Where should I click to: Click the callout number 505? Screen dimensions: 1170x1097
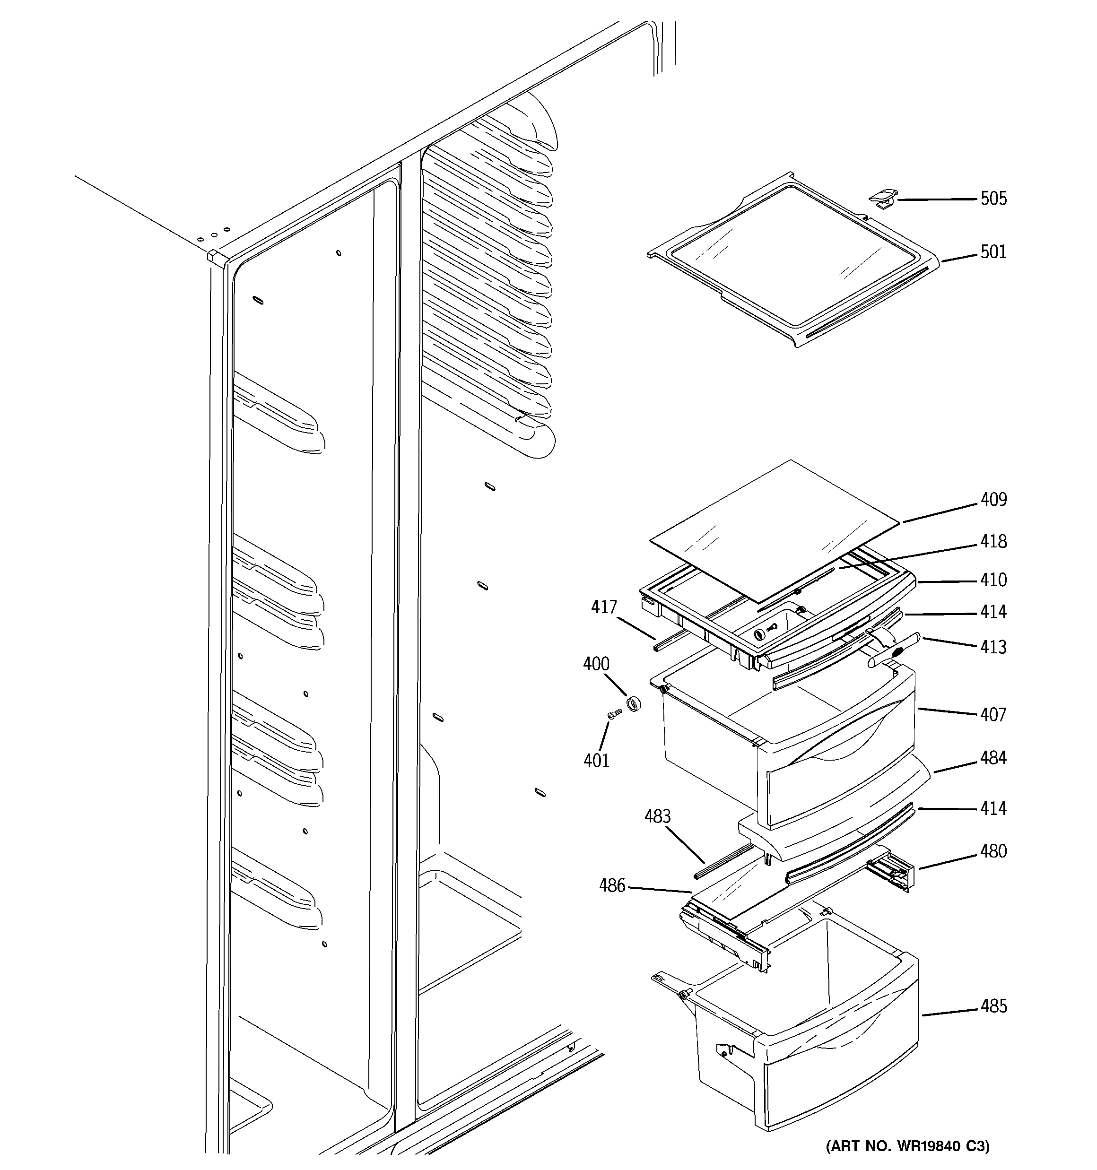pos(993,199)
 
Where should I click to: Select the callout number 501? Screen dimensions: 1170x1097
pos(993,252)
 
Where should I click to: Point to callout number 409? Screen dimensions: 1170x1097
pos(993,500)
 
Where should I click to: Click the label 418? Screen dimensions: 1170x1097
pos(993,541)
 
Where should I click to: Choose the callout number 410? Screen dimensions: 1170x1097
pos(993,581)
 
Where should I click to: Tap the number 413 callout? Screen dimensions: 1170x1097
pos(993,647)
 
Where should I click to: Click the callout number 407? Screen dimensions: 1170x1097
pos(993,715)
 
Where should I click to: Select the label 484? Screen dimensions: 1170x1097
pos(993,758)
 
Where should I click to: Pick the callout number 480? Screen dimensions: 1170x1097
pos(993,851)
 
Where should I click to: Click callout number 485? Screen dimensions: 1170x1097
pos(993,1006)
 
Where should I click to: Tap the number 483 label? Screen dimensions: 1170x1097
pos(657,816)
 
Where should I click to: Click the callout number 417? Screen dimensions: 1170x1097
pos(603,607)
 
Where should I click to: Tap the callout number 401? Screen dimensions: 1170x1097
pos(596,761)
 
